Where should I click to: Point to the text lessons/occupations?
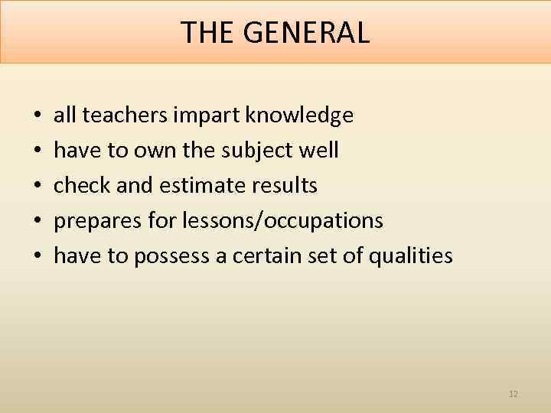[x=284, y=221]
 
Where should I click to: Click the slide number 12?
[x=513, y=394]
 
